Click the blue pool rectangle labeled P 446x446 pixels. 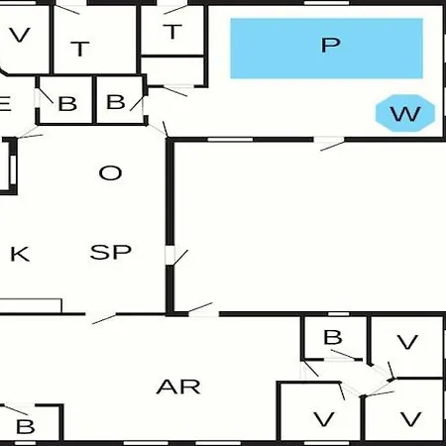[x=326, y=49]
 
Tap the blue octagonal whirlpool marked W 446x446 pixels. [x=405, y=113]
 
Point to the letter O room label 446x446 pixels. [x=110, y=172]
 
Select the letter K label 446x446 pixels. [x=20, y=254]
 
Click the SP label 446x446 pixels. [x=111, y=252]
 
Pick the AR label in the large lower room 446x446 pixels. [x=178, y=387]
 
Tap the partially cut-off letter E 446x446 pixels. [x=5, y=104]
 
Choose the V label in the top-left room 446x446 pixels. [x=20, y=35]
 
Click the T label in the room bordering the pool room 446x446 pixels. [x=172, y=32]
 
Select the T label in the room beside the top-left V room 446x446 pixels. [x=80, y=49]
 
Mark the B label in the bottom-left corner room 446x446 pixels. [x=26, y=426]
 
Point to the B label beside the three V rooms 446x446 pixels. [x=333, y=337]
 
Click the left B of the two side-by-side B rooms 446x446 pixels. [x=67, y=104]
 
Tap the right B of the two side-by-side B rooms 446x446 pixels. [x=116, y=102]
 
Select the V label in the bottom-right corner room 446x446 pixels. [x=411, y=419]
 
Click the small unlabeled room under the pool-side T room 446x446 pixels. [x=172, y=70]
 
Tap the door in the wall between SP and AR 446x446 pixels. [x=101, y=315]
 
